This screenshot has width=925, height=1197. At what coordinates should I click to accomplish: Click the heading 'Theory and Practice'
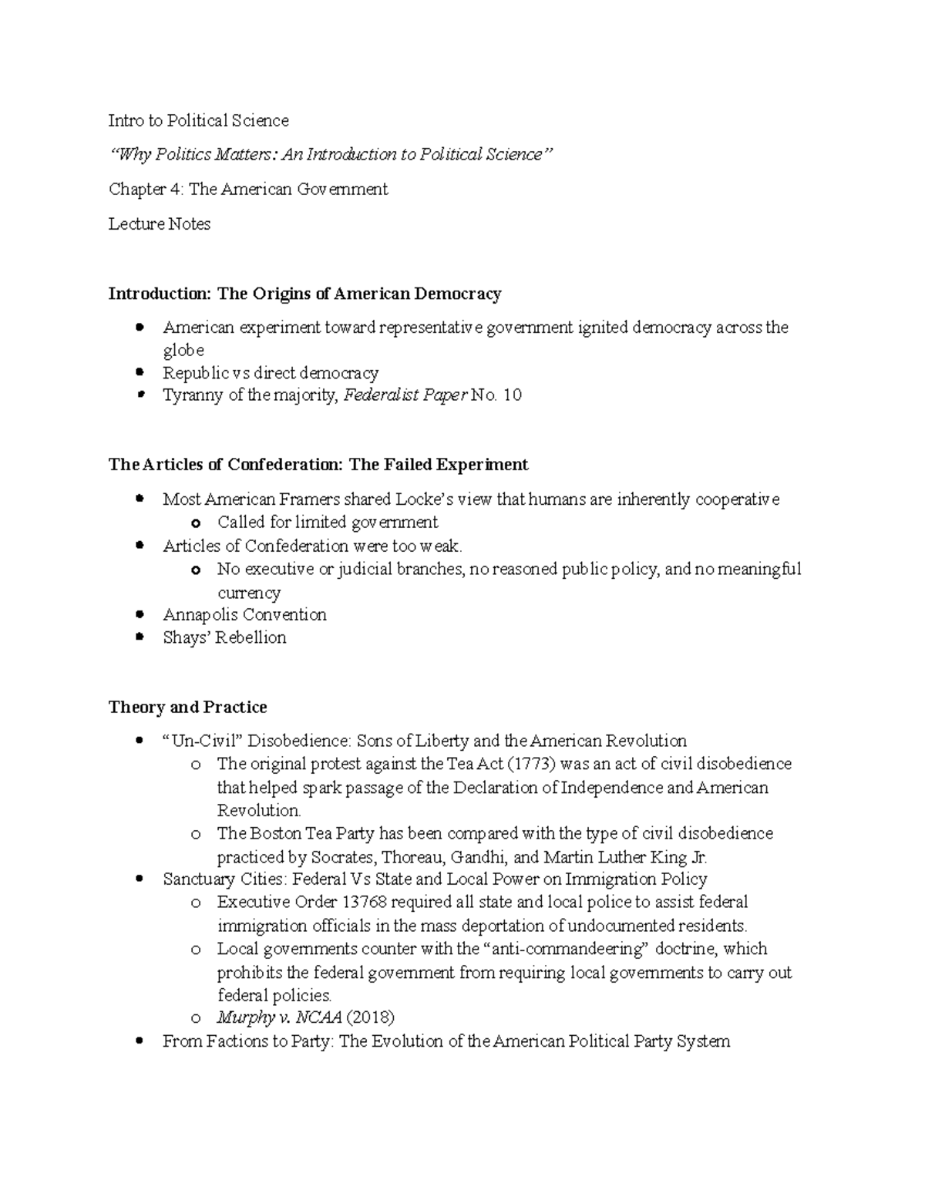187,707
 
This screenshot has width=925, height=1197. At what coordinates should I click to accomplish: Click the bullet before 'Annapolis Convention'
139,615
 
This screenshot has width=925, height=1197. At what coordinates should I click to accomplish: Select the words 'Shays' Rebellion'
224,637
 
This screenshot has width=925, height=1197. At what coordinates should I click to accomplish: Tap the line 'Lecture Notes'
160,224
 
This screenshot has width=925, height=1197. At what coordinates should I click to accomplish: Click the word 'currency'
249,593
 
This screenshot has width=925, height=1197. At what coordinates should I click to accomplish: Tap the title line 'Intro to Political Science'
199,120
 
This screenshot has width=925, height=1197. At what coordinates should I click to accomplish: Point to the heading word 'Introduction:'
159,294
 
